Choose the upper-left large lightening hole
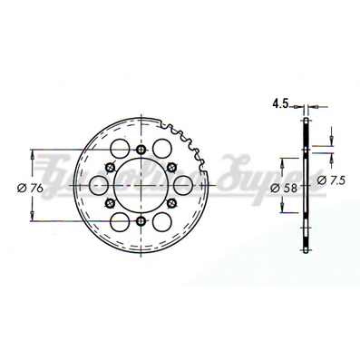118,149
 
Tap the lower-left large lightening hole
118,223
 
